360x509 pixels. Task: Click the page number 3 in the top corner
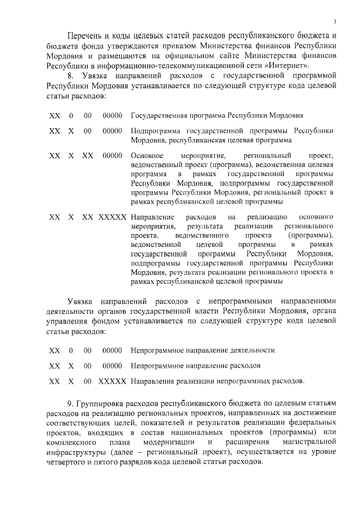point(334,22)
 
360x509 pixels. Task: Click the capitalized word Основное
point(146,155)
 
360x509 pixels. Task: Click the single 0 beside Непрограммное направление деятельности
point(71,350)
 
